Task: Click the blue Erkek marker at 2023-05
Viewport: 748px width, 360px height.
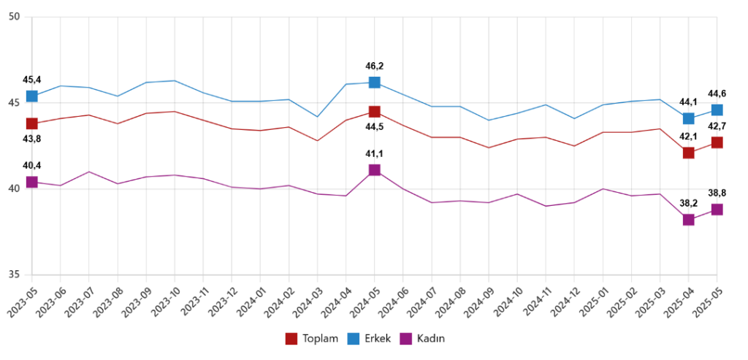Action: [32, 96]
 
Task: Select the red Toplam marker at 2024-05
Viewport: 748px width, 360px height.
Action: [374, 112]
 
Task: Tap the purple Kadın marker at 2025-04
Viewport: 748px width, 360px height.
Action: [688, 220]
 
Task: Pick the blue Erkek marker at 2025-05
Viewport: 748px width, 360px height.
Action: [717, 110]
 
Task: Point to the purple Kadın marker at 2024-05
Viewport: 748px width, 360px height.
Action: [374, 170]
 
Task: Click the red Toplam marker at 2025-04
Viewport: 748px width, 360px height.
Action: [688, 153]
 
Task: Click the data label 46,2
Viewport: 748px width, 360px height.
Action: [374, 66]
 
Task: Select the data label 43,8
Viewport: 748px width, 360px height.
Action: [32, 139]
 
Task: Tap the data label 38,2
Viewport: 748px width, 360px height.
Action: [688, 204]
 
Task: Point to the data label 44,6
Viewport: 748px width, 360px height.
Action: [717, 93]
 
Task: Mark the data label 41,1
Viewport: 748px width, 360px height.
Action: [374, 154]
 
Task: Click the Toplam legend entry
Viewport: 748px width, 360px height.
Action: [312, 338]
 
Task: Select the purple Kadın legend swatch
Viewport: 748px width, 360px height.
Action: [405, 338]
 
